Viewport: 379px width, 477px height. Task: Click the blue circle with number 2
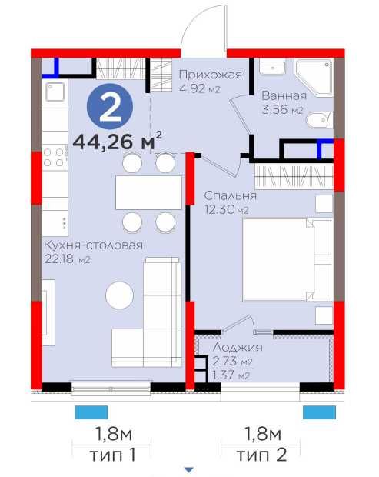[x=110, y=106]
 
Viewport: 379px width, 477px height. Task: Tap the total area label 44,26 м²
[x=118, y=141]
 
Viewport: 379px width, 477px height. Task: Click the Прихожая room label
[x=211, y=75]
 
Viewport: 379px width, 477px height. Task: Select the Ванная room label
[x=284, y=96]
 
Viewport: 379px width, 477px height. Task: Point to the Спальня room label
[x=231, y=195]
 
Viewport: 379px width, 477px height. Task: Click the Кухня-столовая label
[x=93, y=245]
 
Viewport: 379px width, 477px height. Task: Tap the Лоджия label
[x=238, y=347]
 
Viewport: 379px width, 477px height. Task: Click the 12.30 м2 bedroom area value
[x=227, y=209]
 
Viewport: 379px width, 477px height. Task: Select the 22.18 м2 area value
[x=67, y=259]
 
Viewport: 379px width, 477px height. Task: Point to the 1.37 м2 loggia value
[x=231, y=375]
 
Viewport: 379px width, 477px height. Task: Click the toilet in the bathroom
[x=319, y=120]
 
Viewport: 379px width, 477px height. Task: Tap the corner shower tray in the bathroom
[x=314, y=78]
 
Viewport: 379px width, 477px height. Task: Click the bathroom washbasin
[x=272, y=67]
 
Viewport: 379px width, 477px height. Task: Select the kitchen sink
[x=55, y=92]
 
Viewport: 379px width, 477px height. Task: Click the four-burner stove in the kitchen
[x=55, y=158]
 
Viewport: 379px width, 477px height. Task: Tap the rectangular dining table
[x=148, y=192]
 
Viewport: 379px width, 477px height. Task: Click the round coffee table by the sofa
[x=119, y=295]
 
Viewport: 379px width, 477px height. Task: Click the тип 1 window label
[x=112, y=455]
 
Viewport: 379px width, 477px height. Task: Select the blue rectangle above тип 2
[x=319, y=412]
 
